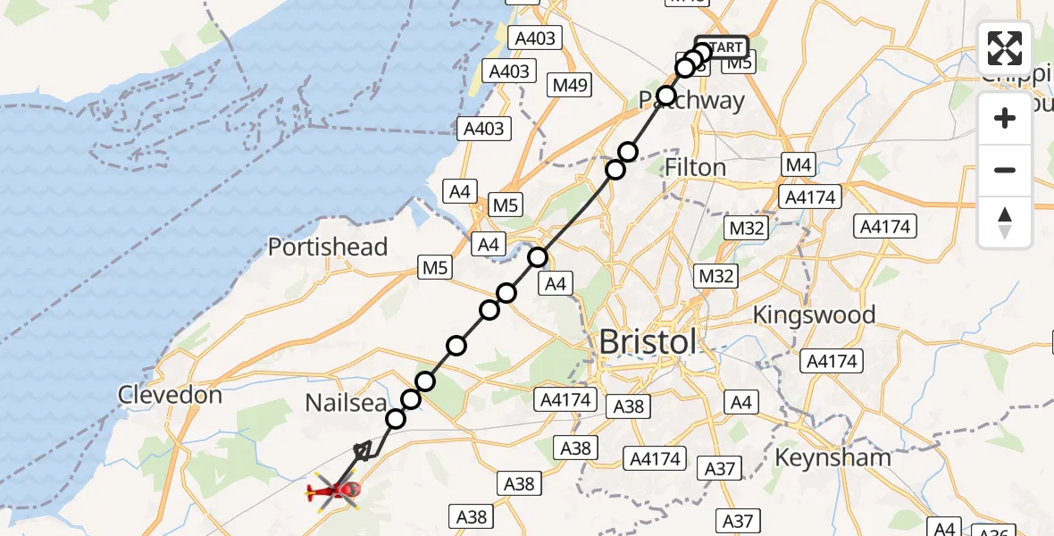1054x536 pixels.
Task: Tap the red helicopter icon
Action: [336, 490]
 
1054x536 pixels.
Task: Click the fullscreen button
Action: [1005, 48]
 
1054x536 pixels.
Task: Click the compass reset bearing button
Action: [1005, 222]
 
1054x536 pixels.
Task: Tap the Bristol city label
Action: [647, 342]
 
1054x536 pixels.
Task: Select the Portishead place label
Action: [328, 247]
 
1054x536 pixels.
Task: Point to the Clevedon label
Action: [171, 394]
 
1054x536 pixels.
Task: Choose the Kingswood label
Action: [814, 314]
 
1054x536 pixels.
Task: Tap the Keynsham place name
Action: [833, 457]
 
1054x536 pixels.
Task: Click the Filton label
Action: [696, 168]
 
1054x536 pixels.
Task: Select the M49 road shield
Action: [570, 85]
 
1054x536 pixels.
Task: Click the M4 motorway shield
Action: [798, 165]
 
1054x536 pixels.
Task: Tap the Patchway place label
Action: [692, 101]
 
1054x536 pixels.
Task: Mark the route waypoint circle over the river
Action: [537, 258]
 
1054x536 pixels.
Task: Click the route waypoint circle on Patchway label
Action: [665, 96]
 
